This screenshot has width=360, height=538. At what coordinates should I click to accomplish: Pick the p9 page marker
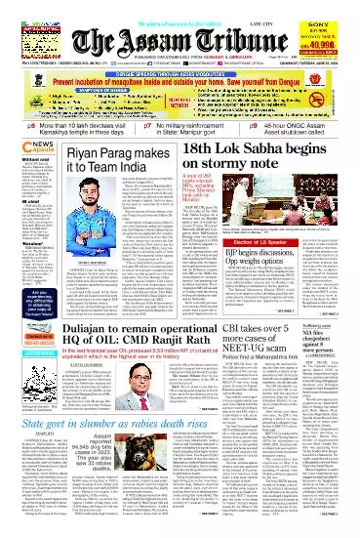pos(250,127)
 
